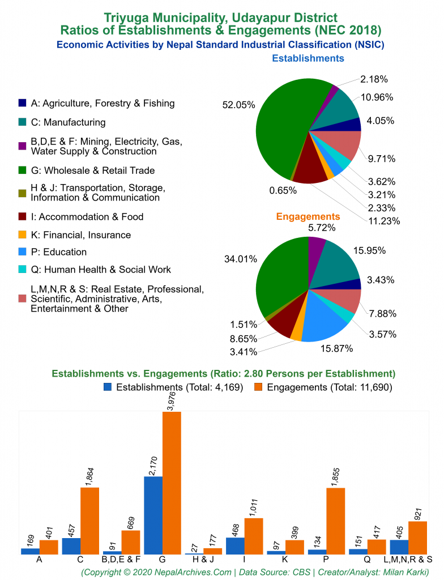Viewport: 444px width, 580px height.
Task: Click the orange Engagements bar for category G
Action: [172, 483]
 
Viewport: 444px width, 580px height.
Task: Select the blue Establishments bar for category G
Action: [153, 515]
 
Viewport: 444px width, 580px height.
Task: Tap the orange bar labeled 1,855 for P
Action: [336, 521]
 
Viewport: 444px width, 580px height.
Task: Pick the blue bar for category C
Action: [71, 545]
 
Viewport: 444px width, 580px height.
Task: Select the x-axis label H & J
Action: [203, 560]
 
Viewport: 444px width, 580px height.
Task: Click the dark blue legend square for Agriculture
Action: [22, 103]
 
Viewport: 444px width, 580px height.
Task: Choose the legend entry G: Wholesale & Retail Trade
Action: [92, 170]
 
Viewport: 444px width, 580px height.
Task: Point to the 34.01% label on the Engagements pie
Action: [240, 259]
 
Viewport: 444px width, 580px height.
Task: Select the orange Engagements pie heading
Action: [308, 216]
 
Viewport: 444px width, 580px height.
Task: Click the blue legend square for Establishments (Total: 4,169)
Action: [108, 387]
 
